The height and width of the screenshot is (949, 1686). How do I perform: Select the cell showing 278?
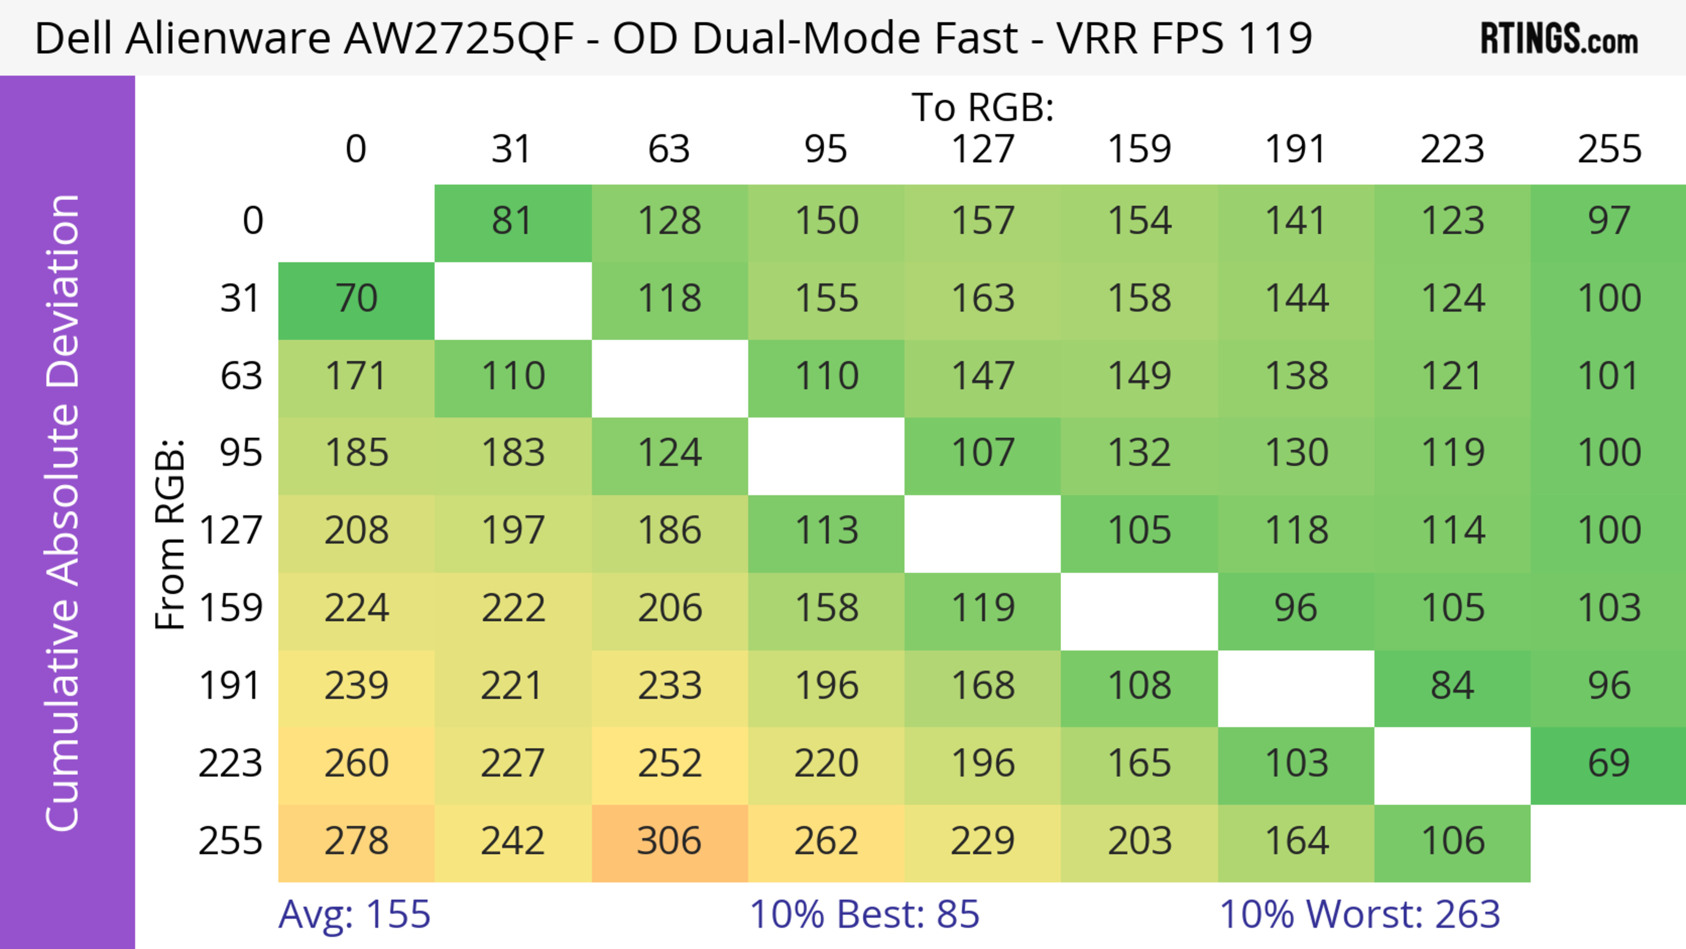356,842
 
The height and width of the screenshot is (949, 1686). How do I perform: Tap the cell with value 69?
1608,764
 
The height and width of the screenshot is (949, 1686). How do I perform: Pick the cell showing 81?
512,221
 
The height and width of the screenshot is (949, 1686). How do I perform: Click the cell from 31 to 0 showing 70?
356,299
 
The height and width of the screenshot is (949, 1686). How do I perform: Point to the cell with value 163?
983,299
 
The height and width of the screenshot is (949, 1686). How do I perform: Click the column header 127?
983,149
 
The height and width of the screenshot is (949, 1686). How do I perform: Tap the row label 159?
231,609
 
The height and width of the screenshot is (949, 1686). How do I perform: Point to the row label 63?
241,376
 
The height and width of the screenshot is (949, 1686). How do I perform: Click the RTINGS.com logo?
1559,39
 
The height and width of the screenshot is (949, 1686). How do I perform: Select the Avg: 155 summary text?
354,914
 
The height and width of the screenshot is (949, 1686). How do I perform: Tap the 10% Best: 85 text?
864,914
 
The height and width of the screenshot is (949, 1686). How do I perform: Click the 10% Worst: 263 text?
1359,914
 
